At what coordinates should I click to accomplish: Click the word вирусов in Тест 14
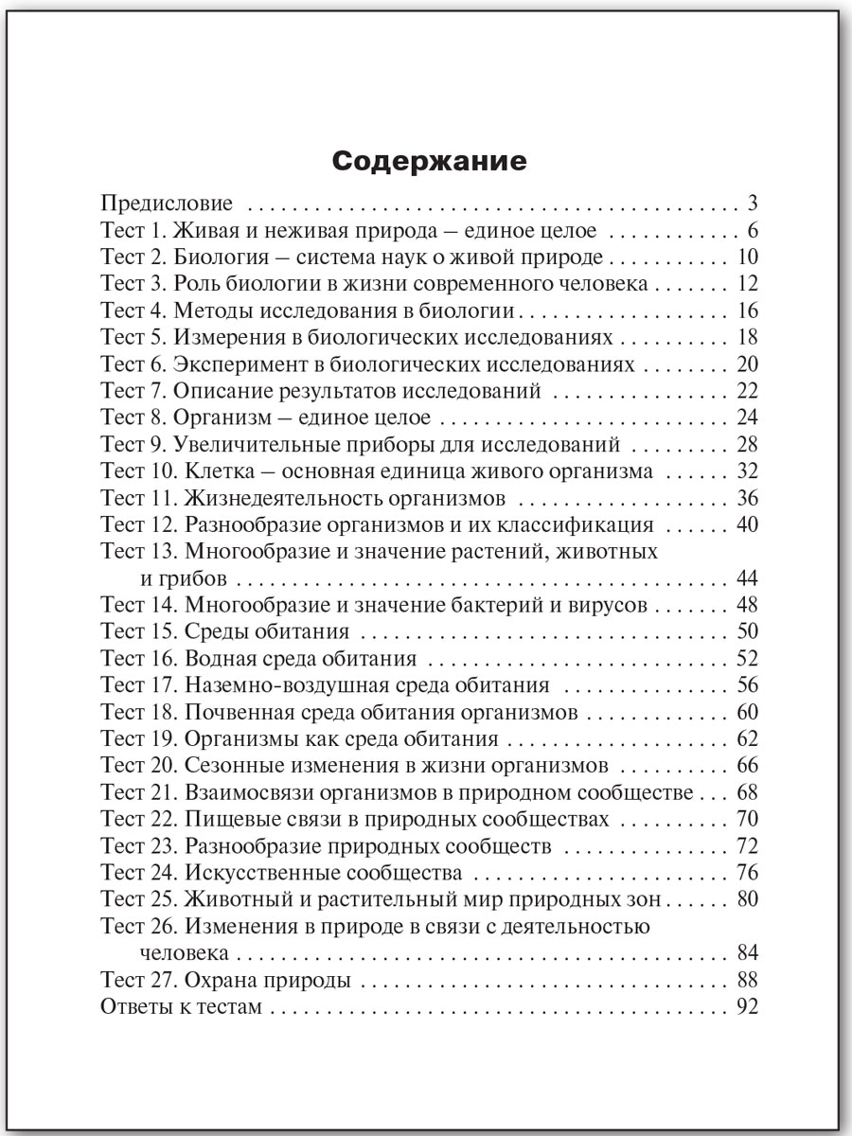pos(614,605)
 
